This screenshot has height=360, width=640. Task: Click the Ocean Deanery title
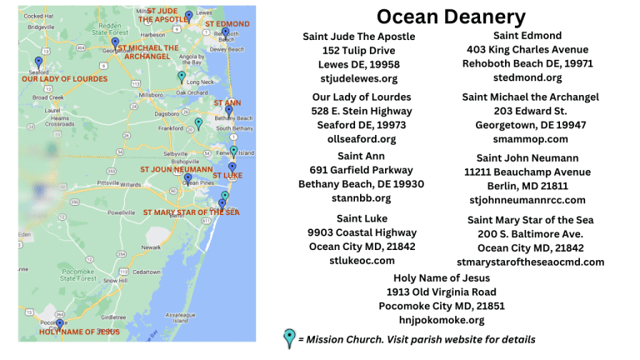[x=451, y=17]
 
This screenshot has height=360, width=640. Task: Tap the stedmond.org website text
[x=527, y=77]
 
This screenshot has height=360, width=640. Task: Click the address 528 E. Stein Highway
[x=362, y=110]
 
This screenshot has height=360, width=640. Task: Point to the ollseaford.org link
[x=362, y=139]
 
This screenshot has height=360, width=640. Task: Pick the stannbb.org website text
[x=361, y=198]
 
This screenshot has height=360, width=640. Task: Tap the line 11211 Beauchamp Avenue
[x=527, y=171]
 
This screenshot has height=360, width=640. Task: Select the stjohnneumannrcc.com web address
[x=527, y=200]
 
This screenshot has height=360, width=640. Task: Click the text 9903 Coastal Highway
[x=362, y=232]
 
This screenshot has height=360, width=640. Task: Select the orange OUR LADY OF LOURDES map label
[x=64, y=79]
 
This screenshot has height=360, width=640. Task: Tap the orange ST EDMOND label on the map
[x=227, y=24]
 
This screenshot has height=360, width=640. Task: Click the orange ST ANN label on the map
[x=227, y=103]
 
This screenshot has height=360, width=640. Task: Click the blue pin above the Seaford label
[x=38, y=62]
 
